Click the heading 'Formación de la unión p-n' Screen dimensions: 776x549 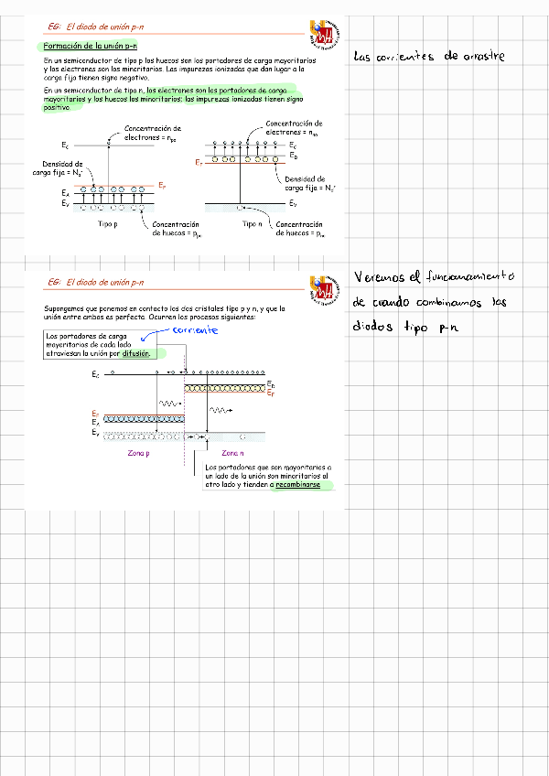coord(91,45)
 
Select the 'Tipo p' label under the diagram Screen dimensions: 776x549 coord(108,224)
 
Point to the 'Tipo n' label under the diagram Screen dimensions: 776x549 coord(253,224)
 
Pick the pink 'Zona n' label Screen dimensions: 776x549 coord(232,453)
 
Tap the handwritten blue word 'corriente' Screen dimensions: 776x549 coord(194,330)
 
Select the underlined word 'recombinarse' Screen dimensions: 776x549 coord(300,485)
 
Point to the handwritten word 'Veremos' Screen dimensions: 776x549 coord(379,276)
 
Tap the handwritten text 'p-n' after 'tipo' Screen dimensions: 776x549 coord(447,328)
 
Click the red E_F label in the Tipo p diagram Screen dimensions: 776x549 coord(161,186)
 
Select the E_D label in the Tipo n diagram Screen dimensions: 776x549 coord(294,156)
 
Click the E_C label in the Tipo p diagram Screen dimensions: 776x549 coord(65,145)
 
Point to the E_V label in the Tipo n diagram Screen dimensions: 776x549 coord(293,203)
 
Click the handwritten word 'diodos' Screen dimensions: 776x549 coord(373,328)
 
